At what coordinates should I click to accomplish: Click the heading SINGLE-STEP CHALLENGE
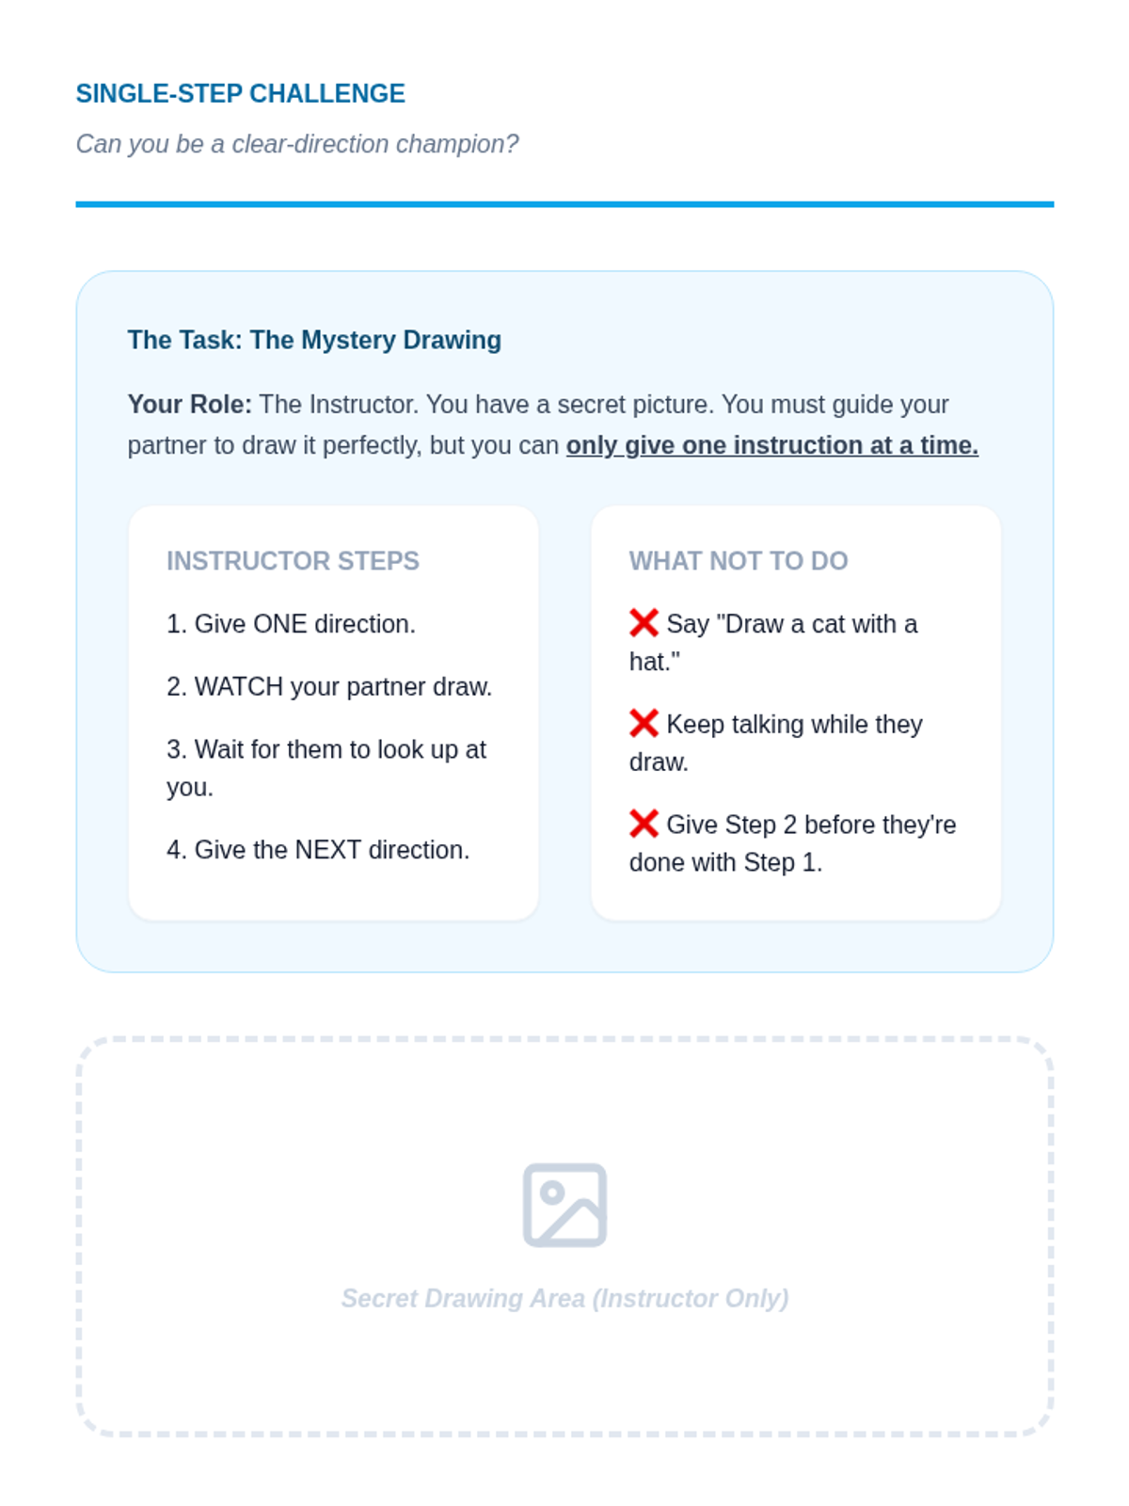(x=241, y=93)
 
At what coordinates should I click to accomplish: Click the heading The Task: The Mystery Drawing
(x=314, y=340)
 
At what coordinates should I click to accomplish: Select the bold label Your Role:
(x=190, y=404)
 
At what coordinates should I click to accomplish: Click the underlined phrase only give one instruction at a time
(x=771, y=445)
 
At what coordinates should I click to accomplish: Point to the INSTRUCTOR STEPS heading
(x=293, y=561)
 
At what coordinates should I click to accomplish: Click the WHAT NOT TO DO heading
(x=739, y=561)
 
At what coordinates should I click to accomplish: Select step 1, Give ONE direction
(x=292, y=624)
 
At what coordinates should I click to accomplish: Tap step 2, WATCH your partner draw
(x=329, y=687)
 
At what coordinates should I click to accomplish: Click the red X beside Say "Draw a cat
(x=644, y=623)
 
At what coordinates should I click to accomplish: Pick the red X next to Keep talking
(x=644, y=723)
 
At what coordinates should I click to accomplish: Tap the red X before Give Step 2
(x=644, y=824)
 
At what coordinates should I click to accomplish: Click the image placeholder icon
(x=564, y=1205)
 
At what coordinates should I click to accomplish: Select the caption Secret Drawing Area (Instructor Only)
(x=564, y=1298)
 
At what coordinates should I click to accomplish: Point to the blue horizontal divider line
(x=564, y=203)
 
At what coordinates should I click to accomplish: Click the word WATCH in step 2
(x=239, y=687)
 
